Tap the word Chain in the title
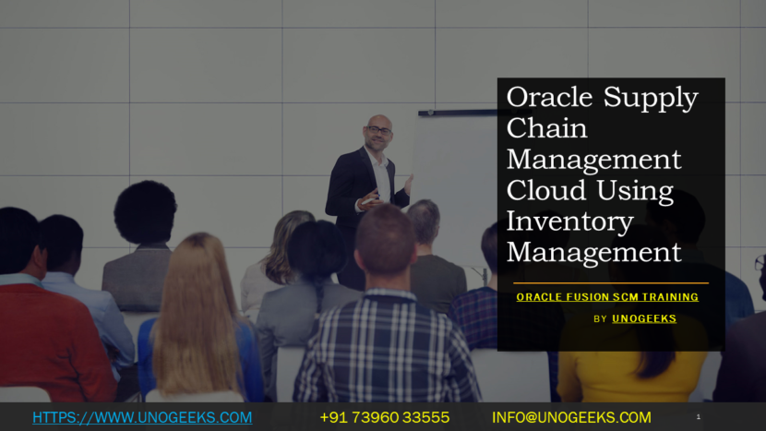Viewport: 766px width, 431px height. point(547,128)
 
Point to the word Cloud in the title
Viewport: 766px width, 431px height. point(545,191)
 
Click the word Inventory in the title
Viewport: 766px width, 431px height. point(569,221)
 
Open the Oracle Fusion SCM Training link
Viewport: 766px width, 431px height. point(607,297)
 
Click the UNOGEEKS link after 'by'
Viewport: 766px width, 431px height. point(644,318)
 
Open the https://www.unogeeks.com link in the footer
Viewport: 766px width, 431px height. point(142,417)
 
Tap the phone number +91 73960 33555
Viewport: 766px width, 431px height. point(384,417)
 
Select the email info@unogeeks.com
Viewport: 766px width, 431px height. point(571,417)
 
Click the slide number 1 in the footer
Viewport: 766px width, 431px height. point(698,417)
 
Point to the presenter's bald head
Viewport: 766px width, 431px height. point(377,123)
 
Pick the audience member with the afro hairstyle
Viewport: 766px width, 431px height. point(145,214)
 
